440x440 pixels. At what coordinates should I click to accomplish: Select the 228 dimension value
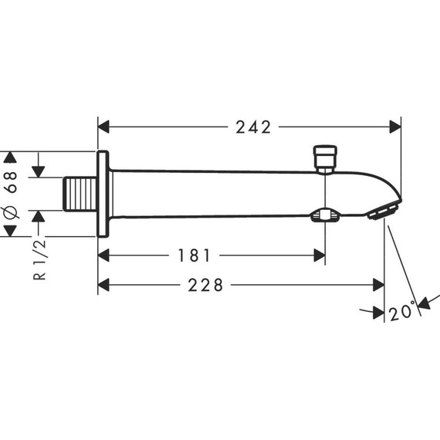tap(205, 285)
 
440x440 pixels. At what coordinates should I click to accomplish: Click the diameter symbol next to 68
tap(10, 212)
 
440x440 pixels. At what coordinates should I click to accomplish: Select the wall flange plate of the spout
tap(102, 193)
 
